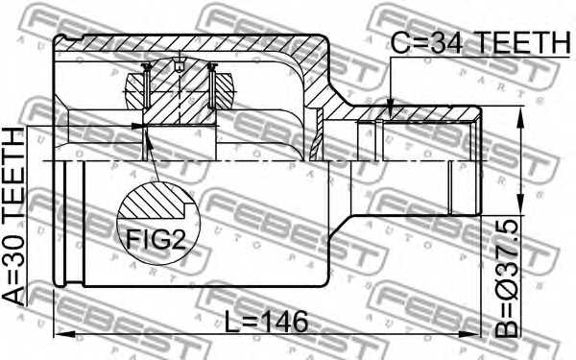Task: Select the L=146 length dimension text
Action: pos(266,323)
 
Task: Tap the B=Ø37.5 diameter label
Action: pos(507,278)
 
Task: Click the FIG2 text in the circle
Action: pos(156,239)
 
